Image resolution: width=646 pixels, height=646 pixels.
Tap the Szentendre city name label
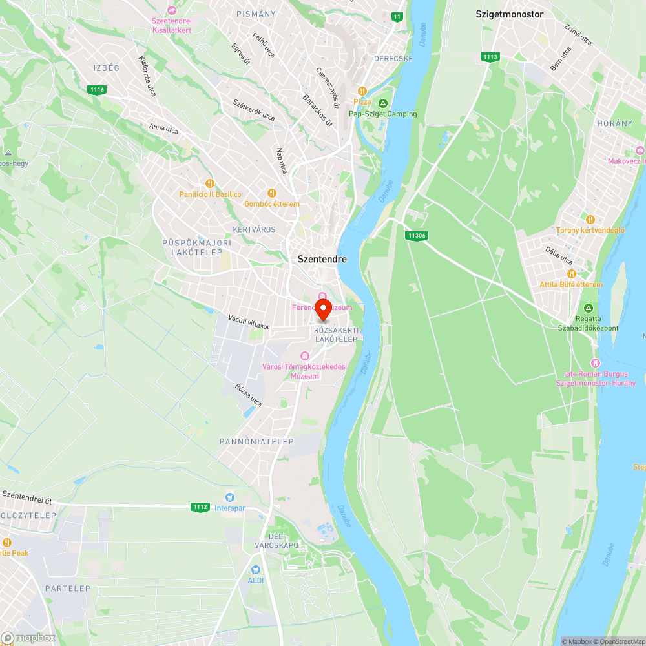(322, 259)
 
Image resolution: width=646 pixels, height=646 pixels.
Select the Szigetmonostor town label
(509, 14)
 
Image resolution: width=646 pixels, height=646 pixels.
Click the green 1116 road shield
(98, 89)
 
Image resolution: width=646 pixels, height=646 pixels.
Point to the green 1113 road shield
(490, 57)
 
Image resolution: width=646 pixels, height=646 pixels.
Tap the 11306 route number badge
(417, 236)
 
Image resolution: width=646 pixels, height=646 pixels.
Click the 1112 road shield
(200, 507)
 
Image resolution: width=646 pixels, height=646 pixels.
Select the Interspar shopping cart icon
(229, 497)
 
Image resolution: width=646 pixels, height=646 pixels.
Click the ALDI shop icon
(256, 569)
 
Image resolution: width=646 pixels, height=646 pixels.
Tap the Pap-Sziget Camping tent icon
(383, 103)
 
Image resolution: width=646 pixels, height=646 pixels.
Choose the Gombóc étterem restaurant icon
(272, 193)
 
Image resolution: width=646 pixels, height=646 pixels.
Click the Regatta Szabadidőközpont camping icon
(588, 308)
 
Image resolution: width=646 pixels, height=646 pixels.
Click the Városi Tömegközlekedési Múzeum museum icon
(305, 356)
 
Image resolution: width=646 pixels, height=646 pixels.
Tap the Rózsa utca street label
(249, 395)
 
